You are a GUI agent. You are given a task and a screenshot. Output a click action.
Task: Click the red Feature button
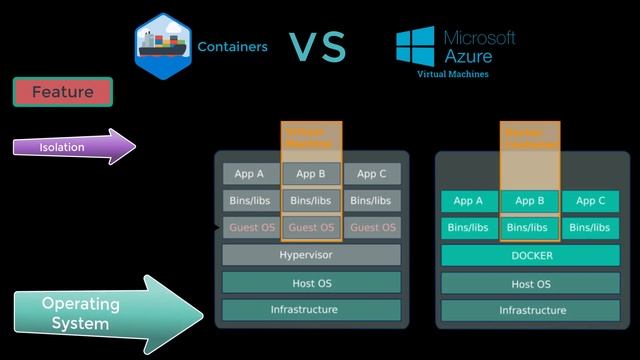click(62, 92)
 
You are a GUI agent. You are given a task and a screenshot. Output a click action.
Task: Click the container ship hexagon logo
click(163, 45)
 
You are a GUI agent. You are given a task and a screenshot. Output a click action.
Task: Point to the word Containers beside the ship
click(232, 46)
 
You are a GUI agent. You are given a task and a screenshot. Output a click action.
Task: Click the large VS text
click(317, 46)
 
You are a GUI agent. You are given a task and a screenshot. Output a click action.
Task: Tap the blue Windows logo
click(414, 49)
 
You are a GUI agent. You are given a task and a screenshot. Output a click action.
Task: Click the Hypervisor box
click(311, 255)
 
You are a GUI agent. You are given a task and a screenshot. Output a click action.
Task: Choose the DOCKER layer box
click(531, 256)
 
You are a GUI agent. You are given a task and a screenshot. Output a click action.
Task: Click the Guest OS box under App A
click(251, 227)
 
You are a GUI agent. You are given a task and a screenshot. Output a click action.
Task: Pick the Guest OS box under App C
click(372, 227)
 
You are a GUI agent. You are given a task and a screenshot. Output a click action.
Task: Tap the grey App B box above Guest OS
click(311, 173)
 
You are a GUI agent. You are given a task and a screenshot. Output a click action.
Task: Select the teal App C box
click(590, 200)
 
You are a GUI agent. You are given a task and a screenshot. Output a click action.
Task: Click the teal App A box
click(469, 200)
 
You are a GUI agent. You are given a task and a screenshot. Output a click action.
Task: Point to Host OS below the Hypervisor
click(311, 283)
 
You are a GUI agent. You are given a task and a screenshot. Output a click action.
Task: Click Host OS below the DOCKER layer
click(531, 284)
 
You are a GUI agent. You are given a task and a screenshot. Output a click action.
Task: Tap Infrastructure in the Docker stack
click(531, 310)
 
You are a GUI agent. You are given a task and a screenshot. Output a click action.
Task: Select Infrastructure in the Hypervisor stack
click(311, 310)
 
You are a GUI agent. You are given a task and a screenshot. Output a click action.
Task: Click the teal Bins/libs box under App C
click(590, 228)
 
